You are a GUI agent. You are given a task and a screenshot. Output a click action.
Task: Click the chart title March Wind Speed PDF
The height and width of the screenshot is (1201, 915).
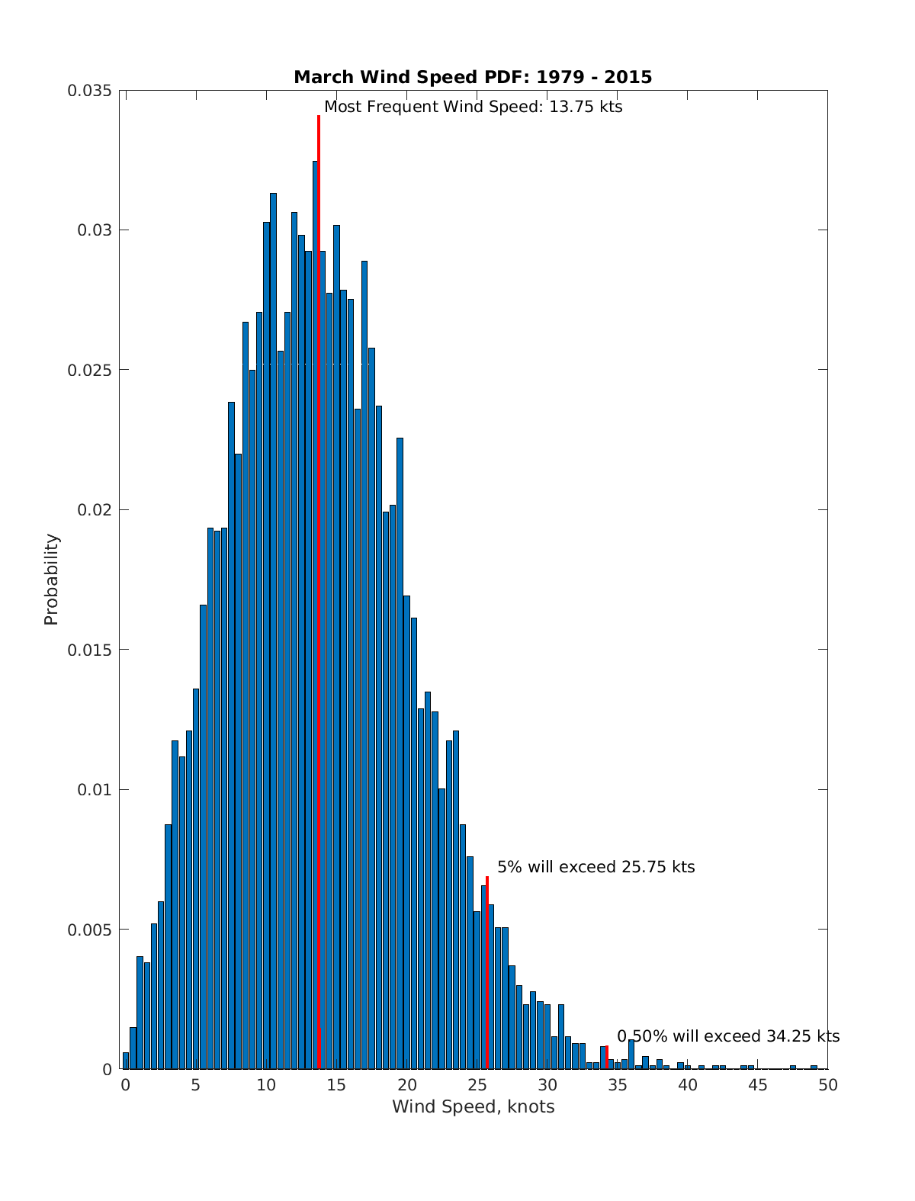[473, 77]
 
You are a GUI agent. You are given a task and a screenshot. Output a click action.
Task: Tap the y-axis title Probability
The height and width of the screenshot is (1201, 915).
[51, 580]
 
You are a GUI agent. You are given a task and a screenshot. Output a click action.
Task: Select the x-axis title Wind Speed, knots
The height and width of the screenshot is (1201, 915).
[473, 1106]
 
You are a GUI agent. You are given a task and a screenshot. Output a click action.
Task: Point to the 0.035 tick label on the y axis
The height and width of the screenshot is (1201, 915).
[89, 91]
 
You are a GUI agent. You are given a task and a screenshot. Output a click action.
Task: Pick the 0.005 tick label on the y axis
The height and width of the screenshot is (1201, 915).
[89, 930]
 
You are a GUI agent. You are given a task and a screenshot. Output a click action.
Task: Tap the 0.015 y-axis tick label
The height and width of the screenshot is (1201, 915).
[89, 650]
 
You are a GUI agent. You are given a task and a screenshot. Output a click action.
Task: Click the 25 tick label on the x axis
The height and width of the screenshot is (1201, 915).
[477, 1085]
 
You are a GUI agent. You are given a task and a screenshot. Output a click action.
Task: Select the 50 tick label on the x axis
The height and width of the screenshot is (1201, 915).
[828, 1085]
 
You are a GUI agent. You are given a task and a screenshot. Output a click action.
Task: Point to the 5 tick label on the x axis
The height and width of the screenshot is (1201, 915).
[195, 1085]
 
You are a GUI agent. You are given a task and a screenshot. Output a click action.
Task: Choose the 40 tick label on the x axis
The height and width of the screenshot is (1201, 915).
[688, 1085]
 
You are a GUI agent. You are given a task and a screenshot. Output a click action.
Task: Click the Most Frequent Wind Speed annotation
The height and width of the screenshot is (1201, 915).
[473, 107]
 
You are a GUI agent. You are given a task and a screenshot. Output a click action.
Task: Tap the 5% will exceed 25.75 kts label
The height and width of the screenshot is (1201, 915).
[596, 867]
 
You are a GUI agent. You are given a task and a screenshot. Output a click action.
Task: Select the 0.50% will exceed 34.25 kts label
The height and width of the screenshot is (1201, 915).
[728, 1036]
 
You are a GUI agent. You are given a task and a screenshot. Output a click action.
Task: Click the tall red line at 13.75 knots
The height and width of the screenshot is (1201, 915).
[319, 534]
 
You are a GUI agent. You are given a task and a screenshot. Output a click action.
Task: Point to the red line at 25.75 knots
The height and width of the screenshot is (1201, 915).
[487, 976]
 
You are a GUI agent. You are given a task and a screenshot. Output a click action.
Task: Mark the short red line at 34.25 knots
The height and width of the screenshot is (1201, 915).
[607, 1056]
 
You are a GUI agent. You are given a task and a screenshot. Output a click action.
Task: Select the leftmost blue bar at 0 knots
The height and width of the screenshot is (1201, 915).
[126, 1061]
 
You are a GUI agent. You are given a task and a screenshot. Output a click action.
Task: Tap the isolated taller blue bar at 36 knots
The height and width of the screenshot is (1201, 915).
[631, 1054]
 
